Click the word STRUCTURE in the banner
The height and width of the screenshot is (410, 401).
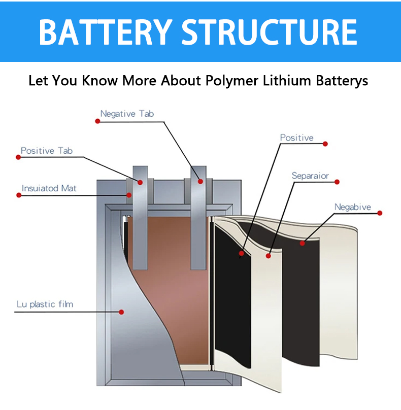pos(270,31)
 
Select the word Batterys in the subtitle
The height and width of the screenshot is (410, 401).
pos(339,81)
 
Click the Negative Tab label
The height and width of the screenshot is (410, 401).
pos(126,114)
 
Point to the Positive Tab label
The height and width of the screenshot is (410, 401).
pos(46,151)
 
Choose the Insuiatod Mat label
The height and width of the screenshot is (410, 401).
pos(49,188)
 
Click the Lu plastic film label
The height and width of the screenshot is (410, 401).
pos(44,304)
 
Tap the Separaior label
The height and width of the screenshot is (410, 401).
pos(310,176)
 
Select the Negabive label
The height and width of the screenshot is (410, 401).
pos(352,207)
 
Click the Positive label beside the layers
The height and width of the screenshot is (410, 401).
pos(297,138)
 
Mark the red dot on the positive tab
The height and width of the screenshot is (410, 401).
pos(140,182)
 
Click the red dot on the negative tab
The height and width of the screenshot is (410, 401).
pos(201,181)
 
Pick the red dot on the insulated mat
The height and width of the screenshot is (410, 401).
pos(129,195)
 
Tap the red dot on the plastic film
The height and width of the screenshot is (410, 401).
pos(121,312)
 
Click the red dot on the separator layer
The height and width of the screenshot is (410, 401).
pos(269,256)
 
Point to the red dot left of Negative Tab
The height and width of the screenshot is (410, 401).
pos(97,121)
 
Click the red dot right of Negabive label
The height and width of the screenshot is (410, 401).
pos(380,213)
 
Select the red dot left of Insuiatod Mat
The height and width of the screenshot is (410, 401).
pos(19,195)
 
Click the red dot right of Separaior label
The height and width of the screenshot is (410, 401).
pos(337,182)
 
